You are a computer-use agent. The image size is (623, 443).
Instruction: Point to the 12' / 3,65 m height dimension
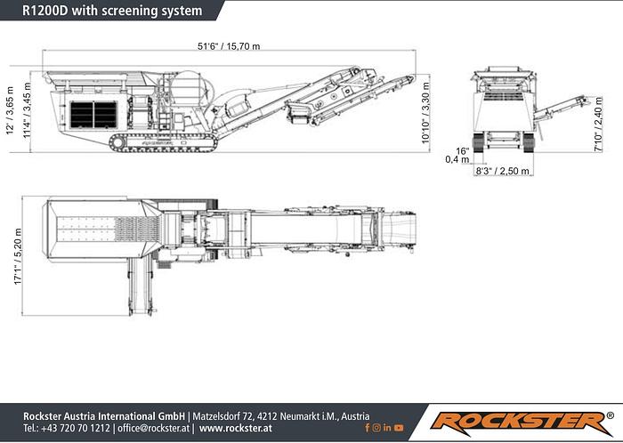(x=11, y=111)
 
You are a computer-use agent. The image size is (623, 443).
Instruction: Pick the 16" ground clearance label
(x=462, y=150)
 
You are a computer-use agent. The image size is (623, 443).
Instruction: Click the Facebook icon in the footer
(x=366, y=429)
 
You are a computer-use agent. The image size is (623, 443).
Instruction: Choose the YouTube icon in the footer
(x=400, y=429)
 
